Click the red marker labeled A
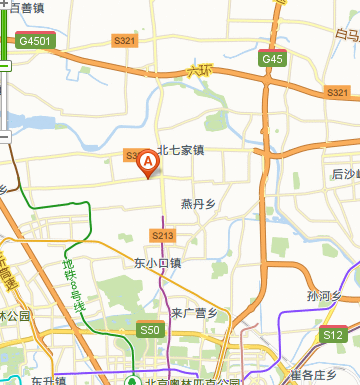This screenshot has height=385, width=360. pyautogui.click(x=147, y=161)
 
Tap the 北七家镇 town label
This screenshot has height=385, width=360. pyautogui.click(x=180, y=151)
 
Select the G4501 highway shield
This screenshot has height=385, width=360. pyautogui.click(x=35, y=41)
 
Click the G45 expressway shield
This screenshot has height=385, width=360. pyautogui.click(x=273, y=59)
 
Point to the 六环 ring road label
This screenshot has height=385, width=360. pyautogui.click(x=201, y=71)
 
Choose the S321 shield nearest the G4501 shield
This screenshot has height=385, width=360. pyautogui.click(x=125, y=40)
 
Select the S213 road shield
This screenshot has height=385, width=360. pyautogui.click(x=163, y=235)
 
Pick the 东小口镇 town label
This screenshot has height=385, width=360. pyautogui.click(x=157, y=264)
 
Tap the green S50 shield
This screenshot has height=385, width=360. pyautogui.click(x=149, y=329)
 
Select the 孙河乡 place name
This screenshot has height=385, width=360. pyautogui.click(x=325, y=295)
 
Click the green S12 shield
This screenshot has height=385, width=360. pyautogui.click(x=332, y=334)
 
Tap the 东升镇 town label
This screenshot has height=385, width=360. pyautogui.click(x=47, y=380)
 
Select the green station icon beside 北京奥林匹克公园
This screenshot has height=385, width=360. pyautogui.click(x=131, y=380)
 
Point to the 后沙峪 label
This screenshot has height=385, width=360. pyautogui.click(x=345, y=173)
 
